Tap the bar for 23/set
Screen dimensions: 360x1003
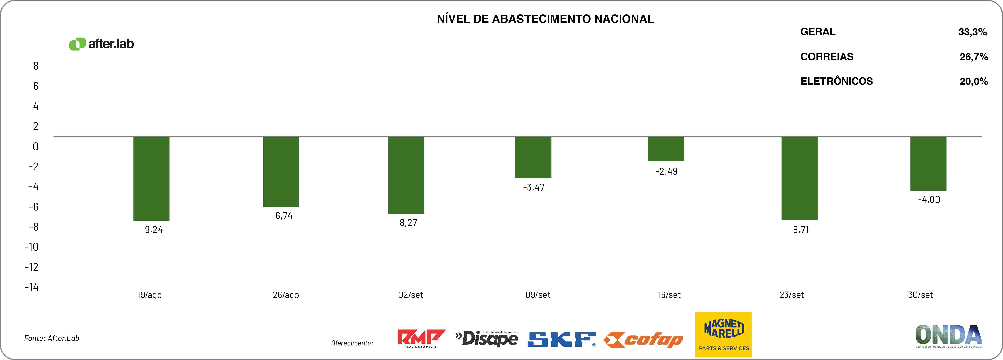[x=799, y=178]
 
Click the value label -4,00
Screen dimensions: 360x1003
[x=929, y=200]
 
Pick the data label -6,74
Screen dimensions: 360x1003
[x=282, y=216]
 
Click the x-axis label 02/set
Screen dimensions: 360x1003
[x=410, y=295]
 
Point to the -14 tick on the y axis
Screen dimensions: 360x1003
[x=32, y=287]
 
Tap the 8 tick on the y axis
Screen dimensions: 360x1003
[x=36, y=66]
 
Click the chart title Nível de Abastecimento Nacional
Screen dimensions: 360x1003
[x=545, y=19]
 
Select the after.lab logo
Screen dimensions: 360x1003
[x=101, y=44]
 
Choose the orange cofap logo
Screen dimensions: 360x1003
[x=643, y=340]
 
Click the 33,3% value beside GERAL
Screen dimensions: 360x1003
[x=972, y=32]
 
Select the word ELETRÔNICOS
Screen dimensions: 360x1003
[x=836, y=81]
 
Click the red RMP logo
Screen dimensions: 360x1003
[x=421, y=338]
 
